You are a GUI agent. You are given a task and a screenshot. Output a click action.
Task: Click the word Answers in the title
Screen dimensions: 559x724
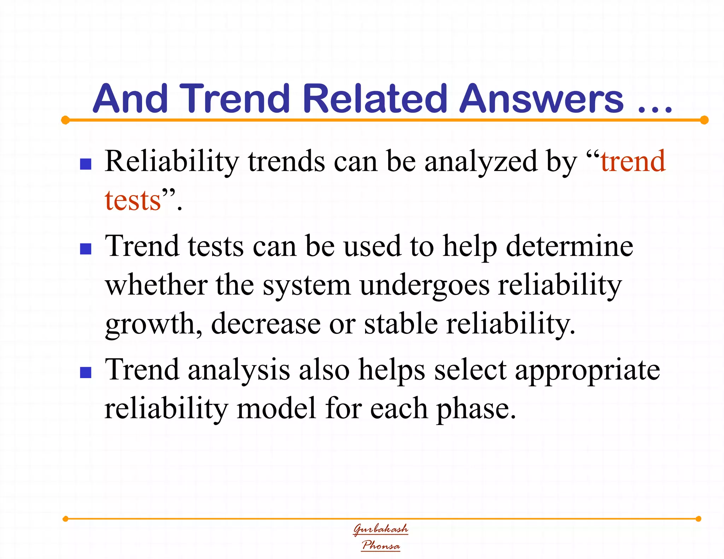coord(541,99)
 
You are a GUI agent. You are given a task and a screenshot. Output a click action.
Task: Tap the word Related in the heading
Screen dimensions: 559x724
coord(375,99)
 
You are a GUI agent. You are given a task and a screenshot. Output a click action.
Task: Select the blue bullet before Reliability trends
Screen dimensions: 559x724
coord(86,164)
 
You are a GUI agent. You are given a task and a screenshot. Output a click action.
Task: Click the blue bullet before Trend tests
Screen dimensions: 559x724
coord(86,249)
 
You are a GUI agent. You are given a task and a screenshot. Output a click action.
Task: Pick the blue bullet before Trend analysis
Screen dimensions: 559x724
coord(86,372)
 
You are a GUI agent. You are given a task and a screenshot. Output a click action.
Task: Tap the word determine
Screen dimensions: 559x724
coord(570,246)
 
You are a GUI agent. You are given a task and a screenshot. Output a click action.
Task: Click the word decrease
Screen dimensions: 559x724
coord(265,324)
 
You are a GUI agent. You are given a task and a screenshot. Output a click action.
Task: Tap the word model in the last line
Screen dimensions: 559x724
coord(276,408)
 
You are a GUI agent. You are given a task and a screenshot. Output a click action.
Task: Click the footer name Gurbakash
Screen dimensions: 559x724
coord(381,529)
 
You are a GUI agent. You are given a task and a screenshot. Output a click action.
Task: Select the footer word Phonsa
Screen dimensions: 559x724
coord(381,545)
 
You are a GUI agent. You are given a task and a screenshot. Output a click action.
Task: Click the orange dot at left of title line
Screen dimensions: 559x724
coord(65,120)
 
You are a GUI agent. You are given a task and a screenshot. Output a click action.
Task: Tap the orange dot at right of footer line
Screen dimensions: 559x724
coord(698,519)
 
